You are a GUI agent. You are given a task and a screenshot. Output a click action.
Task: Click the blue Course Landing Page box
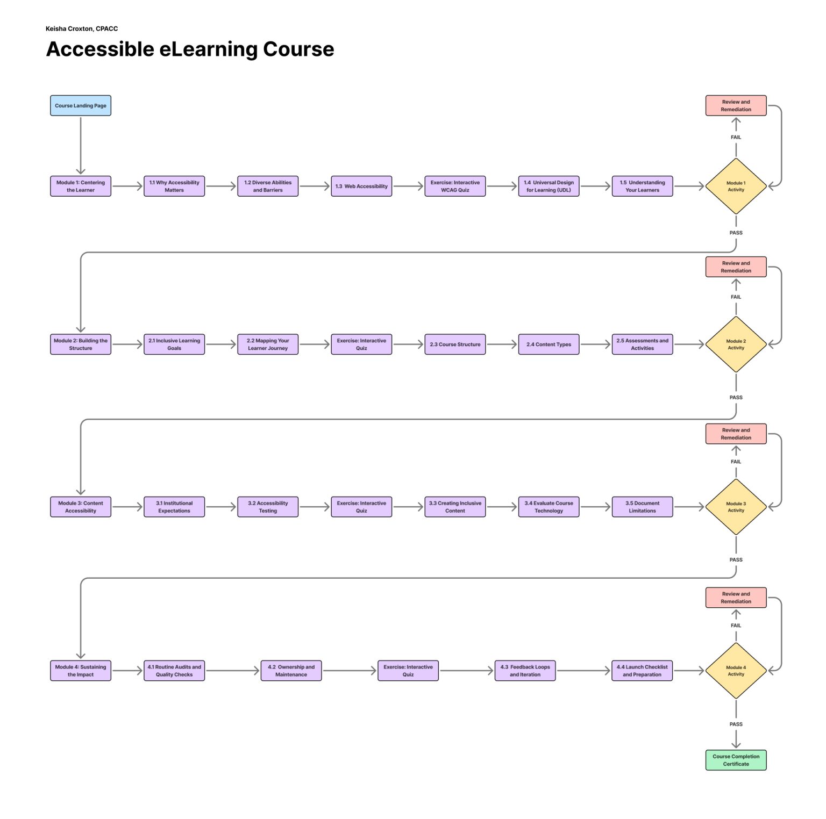[x=81, y=105]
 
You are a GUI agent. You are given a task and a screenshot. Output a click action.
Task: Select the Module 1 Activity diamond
[x=736, y=186]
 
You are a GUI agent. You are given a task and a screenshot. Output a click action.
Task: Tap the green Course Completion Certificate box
[x=736, y=760]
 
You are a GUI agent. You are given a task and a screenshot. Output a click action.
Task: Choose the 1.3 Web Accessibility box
[x=361, y=186]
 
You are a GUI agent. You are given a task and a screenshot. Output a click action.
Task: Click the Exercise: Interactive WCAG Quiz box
[x=455, y=186]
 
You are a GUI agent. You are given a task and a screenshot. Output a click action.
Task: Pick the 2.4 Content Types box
[x=549, y=344]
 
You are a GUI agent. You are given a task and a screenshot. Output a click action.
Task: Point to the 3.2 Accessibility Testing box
[x=268, y=507]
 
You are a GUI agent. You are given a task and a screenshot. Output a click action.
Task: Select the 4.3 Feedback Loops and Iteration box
[x=525, y=671]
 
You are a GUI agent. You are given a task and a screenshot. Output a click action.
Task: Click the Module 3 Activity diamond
[x=736, y=507]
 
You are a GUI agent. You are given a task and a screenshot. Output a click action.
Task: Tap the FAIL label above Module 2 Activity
[x=736, y=297]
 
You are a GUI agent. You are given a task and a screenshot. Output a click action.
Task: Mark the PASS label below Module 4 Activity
[x=736, y=724]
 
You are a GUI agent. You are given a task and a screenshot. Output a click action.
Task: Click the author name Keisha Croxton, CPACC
[x=82, y=28]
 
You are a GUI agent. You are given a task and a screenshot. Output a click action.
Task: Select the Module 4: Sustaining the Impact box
[x=81, y=671]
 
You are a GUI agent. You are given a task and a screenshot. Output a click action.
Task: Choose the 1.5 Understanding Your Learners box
[x=642, y=186]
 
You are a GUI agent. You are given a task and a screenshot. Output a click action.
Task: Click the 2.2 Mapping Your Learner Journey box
[x=268, y=344]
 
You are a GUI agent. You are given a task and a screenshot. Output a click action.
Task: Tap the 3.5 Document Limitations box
[x=642, y=507]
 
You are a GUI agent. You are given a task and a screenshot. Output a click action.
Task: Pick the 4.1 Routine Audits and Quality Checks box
[x=174, y=671]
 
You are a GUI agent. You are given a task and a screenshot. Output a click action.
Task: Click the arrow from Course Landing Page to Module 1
[x=81, y=145]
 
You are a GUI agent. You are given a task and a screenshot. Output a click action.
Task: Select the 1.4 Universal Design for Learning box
[x=549, y=186]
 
